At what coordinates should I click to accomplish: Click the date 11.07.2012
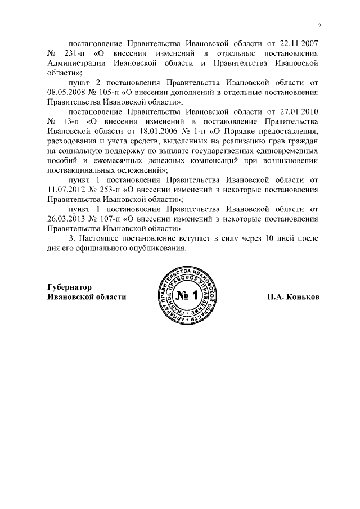[65, 190]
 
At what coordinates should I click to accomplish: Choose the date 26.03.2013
[65, 219]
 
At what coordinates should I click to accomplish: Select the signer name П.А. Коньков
[293, 297]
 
